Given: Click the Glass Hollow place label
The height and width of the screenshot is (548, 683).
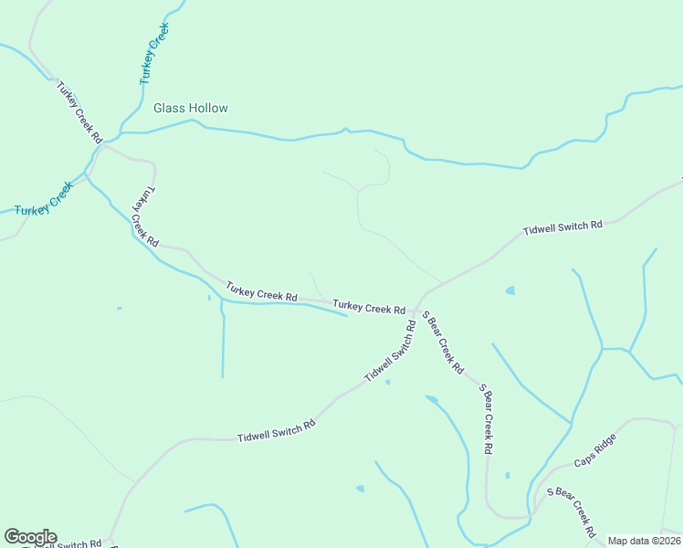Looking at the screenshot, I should click(x=190, y=108).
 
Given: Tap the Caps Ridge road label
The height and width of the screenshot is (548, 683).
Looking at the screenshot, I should click(x=595, y=449).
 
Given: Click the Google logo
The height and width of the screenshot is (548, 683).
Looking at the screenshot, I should click(x=30, y=537).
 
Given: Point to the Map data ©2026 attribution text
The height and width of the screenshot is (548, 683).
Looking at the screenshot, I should click(x=644, y=541).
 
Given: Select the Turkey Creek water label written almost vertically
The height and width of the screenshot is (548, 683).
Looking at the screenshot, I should click(x=155, y=55).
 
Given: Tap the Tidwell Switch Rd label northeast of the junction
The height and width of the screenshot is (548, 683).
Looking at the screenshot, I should click(x=562, y=227).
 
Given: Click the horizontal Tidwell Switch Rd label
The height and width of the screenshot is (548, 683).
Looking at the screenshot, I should click(x=276, y=430).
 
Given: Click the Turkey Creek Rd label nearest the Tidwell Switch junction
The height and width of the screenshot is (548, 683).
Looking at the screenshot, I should click(x=369, y=307).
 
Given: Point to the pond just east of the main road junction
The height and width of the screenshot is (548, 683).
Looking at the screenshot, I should click(x=510, y=290).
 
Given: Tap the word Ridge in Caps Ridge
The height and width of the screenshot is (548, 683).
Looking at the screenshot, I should click(x=606, y=443).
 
